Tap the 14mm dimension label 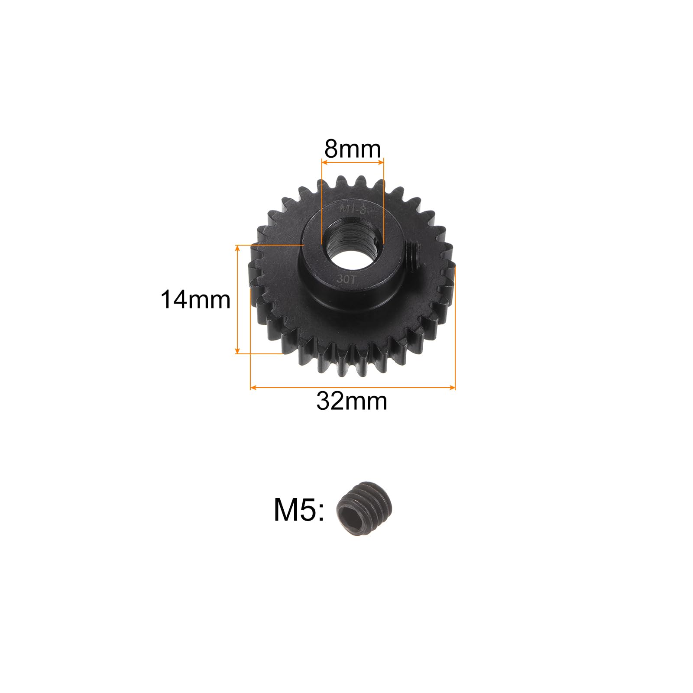click(x=195, y=300)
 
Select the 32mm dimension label click(x=352, y=401)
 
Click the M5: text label click(x=299, y=510)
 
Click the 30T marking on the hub click(x=346, y=279)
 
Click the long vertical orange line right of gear click(x=455, y=325)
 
